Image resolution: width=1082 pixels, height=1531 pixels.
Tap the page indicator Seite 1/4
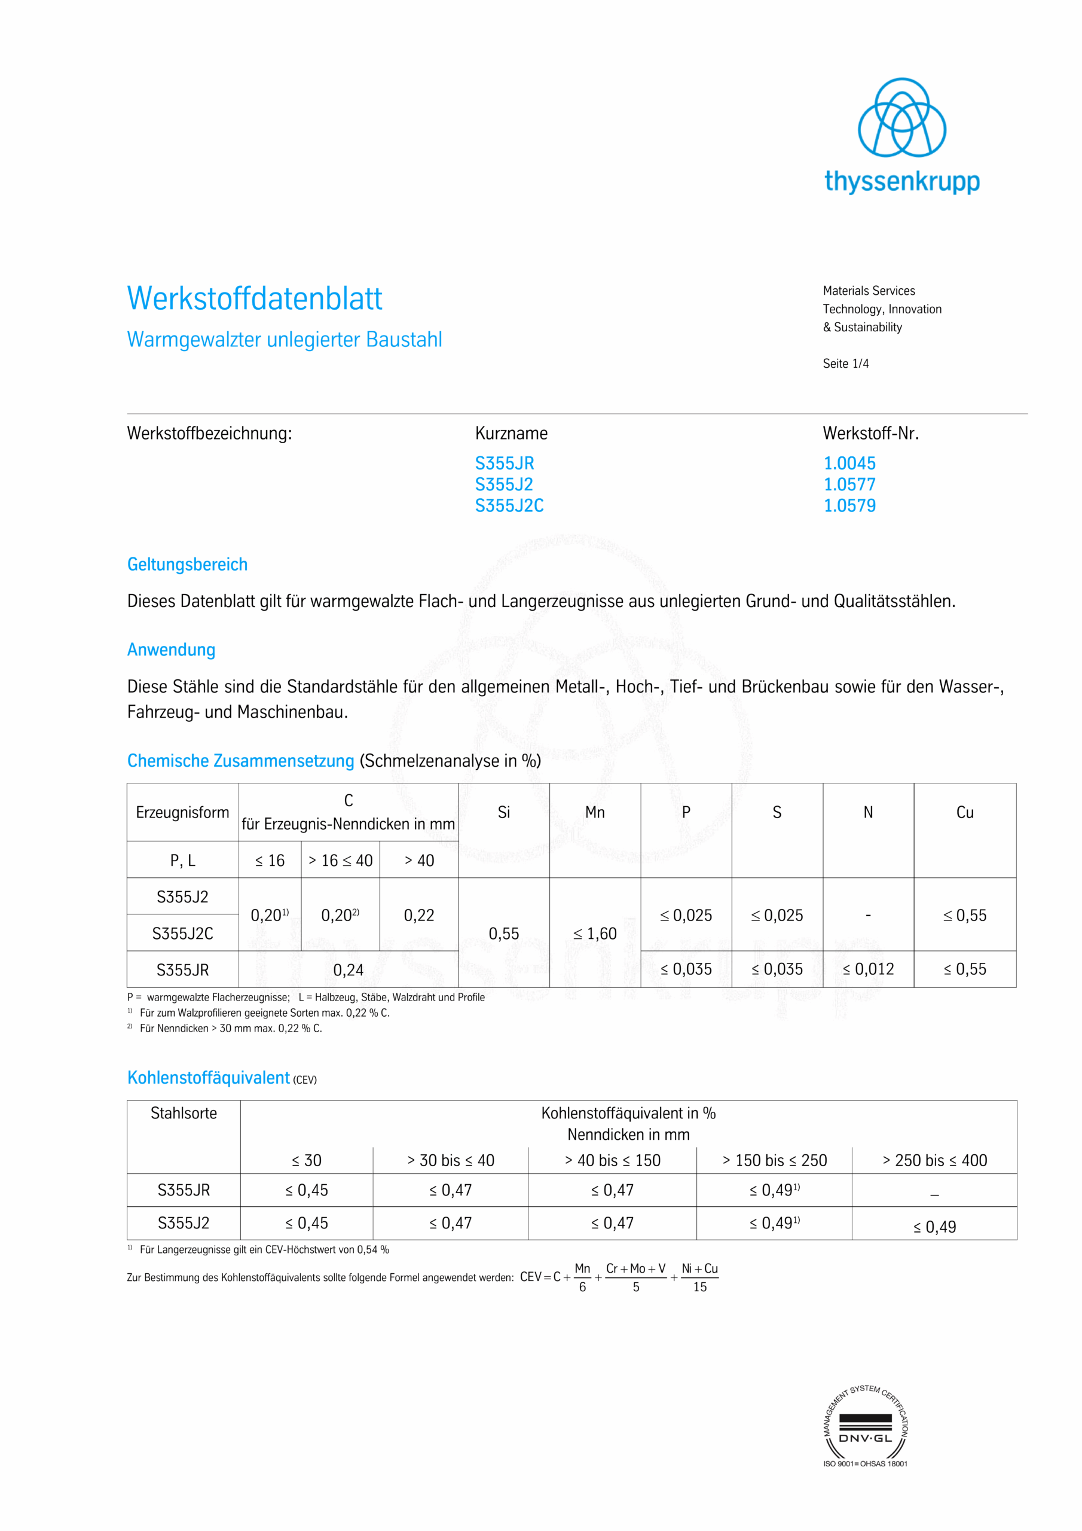click(x=845, y=364)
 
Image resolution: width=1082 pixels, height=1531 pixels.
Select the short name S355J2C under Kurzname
click(x=509, y=505)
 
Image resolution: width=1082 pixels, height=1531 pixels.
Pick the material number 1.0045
click(x=849, y=463)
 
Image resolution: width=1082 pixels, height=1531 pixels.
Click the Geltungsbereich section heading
click(x=187, y=564)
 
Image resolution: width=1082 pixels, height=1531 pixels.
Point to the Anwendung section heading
click(x=172, y=649)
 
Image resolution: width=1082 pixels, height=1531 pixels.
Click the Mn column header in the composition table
click(x=595, y=812)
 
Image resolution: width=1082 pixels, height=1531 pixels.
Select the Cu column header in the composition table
click(x=965, y=812)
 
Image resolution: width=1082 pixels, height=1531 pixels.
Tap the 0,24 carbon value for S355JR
click(x=348, y=969)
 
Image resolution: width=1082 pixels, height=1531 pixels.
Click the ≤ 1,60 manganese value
click(x=595, y=934)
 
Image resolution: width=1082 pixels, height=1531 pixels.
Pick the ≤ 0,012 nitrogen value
click(x=868, y=969)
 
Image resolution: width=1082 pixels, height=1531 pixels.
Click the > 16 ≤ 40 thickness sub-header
click(x=340, y=860)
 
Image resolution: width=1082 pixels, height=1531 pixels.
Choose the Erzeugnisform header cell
click(x=182, y=812)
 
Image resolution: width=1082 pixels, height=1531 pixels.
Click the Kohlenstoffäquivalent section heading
click(x=209, y=1078)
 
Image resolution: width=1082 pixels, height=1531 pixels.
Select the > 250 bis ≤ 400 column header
click(x=934, y=1160)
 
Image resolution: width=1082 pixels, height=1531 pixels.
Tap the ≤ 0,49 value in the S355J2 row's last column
click(x=934, y=1227)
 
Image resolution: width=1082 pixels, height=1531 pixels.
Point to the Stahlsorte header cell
click(x=184, y=1113)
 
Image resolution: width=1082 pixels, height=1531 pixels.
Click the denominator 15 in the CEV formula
click(x=699, y=1287)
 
